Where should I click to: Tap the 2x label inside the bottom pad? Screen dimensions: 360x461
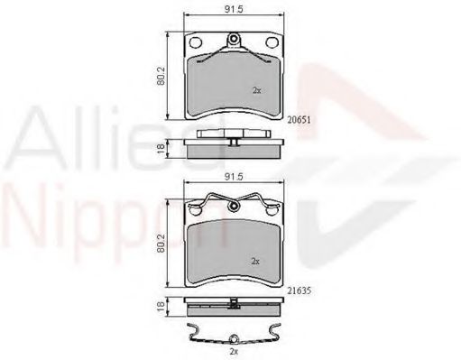256,262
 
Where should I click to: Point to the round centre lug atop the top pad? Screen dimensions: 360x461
233,39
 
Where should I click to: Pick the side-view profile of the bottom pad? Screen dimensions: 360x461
232,307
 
